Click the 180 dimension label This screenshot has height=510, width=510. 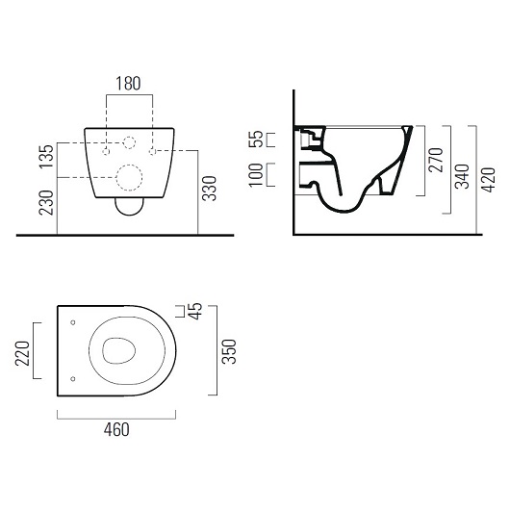128,84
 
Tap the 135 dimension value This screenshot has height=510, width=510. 46,157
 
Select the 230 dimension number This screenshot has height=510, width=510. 46,203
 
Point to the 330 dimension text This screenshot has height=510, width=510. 209,189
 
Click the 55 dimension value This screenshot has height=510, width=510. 256,139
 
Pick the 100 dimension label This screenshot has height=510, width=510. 256,175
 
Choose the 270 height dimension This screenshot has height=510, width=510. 436,160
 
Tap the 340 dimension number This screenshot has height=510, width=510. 462,177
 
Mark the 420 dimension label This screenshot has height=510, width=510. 489,180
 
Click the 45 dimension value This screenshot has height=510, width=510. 195,311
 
